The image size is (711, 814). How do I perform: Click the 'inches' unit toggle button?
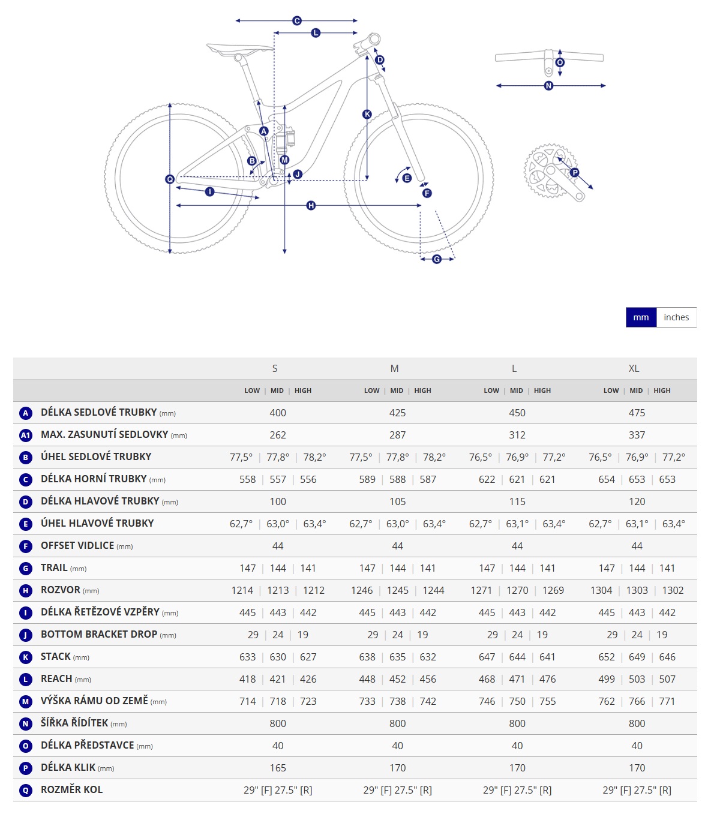click(x=676, y=317)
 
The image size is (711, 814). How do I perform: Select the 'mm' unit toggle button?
click(x=641, y=317)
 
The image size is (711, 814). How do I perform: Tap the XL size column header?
click(x=634, y=368)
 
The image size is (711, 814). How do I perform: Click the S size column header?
click(x=275, y=368)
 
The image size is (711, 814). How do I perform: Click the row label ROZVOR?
click(x=61, y=590)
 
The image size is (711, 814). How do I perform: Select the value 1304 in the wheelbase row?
click(x=601, y=590)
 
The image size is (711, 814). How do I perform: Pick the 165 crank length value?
click(x=278, y=768)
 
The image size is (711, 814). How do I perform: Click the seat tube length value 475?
click(x=637, y=413)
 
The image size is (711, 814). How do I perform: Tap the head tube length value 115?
click(x=517, y=501)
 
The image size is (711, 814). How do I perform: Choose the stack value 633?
click(x=247, y=657)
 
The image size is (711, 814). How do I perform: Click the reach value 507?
click(x=667, y=679)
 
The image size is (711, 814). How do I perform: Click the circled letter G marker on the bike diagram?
click(x=437, y=259)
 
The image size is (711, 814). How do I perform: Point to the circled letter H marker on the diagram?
click(x=311, y=206)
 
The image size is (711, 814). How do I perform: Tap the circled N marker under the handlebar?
click(x=548, y=86)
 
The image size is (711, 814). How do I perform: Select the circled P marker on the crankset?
click(x=574, y=173)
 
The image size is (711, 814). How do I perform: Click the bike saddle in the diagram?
click(x=239, y=48)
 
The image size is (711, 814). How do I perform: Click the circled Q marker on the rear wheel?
click(x=170, y=179)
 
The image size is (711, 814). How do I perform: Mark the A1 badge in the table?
click(x=25, y=435)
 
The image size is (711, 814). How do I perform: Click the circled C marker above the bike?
click(x=297, y=21)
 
